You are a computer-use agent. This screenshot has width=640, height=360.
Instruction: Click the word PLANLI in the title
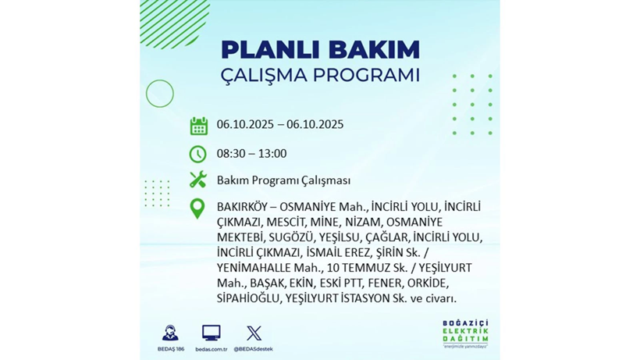(x=263, y=49)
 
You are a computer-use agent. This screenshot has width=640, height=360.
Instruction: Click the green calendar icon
(x=198, y=126)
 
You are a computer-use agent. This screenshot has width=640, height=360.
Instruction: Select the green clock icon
(x=198, y=154)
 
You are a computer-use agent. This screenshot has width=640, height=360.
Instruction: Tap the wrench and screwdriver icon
(x=198, y=180)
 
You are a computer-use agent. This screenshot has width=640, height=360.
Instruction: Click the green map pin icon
(x=198, y=208)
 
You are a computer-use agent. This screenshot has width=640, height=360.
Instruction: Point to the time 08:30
(x=232, y=154)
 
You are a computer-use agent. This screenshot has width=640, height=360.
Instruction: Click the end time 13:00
(x=272, y=154)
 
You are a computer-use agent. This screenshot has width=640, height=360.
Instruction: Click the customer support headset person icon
(x=169, y=333)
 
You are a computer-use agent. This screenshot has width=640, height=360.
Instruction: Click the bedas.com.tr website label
(x=211, y=349)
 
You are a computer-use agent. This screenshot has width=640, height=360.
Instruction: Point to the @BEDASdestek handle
(x=254, y=349)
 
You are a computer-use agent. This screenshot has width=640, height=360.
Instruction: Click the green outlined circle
(x=160, y=94)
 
